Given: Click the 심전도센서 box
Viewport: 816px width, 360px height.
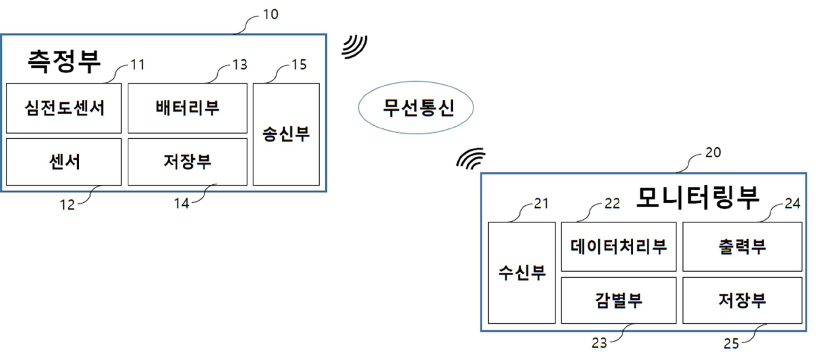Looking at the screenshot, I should coord(64,108).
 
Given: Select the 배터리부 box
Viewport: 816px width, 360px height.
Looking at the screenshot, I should coord(188,108).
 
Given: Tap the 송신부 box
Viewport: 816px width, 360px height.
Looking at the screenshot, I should coord(286,134).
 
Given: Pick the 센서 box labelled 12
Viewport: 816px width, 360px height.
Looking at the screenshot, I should coord(64,161).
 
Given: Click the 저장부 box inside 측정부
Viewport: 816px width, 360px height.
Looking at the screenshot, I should coord(188,161).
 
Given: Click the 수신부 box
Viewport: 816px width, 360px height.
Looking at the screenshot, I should coord(522,272).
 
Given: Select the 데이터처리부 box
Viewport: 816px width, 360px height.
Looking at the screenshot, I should coord(619,247).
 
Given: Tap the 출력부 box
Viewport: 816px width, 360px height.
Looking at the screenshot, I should coord(742,247).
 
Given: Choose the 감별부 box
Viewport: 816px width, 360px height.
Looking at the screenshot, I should coord(619,300).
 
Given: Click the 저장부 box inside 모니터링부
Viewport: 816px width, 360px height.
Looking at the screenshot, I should coord(742,300).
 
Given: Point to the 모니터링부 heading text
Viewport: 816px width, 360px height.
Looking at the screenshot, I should coord(698,197).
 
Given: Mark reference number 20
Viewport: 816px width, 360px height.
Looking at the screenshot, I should coord(713,153).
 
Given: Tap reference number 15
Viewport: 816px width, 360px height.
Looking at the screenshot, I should coord(299,65).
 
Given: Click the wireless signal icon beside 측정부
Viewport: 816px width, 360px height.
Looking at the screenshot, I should coord(355,47).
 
